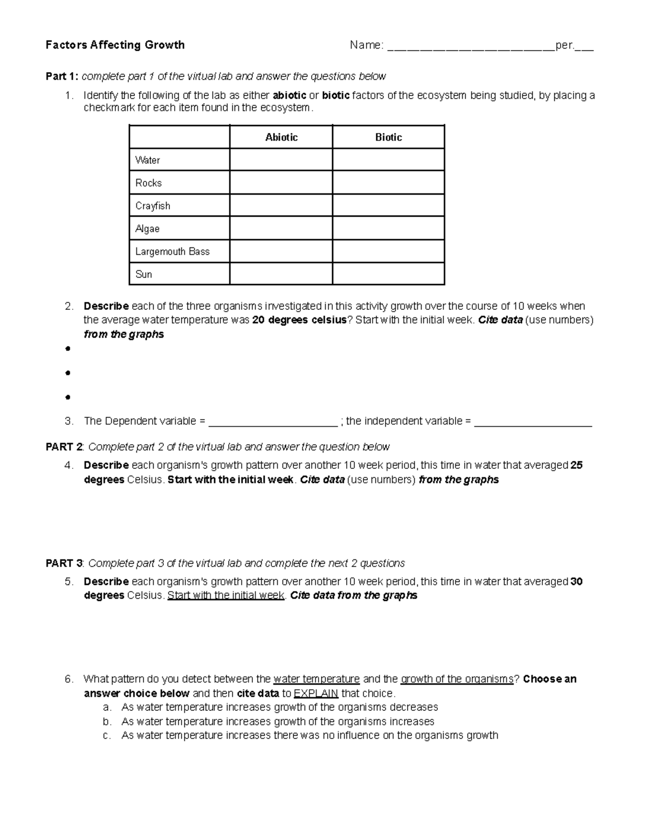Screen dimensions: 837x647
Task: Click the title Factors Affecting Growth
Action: click(115, 45)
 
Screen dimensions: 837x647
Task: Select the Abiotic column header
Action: click(281, 137)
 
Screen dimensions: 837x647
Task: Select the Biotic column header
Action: click(388, 137)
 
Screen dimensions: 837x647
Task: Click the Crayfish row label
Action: click(153, 206)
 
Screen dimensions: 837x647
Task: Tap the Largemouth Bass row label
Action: click(172, 252)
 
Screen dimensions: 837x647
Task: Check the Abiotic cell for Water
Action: click(281, 160)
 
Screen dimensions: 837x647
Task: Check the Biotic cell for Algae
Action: click(388, 229)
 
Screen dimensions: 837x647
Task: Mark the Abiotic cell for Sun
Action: click(281, 274)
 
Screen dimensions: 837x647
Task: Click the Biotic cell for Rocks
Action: click(388, 183)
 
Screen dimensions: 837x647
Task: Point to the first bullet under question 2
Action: click(67, 349)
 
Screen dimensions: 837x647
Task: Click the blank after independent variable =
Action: click(533, 422)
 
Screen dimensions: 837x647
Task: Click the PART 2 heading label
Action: click(64, 447)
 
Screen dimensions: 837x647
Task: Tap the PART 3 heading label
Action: click(64, 564)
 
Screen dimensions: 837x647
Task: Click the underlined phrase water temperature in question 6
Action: click(316, 679)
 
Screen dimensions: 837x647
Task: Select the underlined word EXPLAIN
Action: click(315, 694)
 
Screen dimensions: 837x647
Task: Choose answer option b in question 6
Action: click(278, 722)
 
